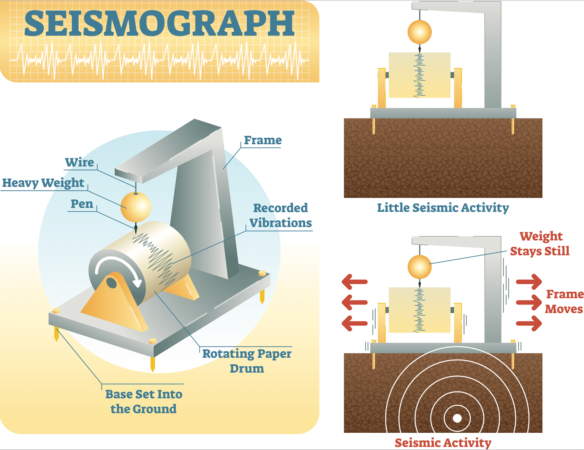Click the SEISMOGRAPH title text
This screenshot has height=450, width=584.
159,23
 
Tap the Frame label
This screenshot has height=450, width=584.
263,140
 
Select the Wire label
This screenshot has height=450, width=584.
80,162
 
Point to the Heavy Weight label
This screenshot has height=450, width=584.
43,183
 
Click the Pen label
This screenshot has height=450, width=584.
82,204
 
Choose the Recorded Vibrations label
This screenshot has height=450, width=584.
280,215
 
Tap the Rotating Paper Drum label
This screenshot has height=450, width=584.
247,361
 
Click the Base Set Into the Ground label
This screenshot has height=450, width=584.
144,401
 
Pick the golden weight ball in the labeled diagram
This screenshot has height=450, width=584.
136,207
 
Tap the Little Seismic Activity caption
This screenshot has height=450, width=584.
443,208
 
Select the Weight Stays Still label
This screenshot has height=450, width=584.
540,244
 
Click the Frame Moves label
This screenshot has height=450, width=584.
564,301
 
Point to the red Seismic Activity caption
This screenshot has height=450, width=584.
443,442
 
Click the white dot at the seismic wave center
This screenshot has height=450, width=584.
457,418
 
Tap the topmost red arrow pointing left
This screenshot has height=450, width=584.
355,282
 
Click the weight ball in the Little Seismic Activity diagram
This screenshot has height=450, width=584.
419,32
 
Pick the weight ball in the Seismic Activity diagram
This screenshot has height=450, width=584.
419,267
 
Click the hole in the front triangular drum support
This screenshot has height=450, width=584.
112,283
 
